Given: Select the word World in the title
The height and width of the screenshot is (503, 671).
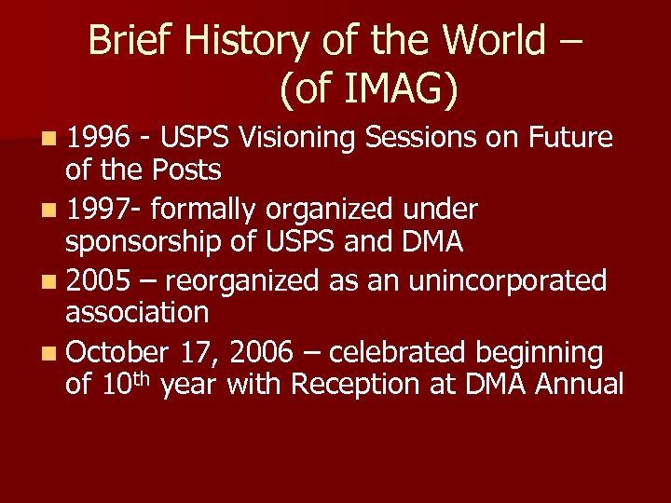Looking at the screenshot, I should click(494, 41).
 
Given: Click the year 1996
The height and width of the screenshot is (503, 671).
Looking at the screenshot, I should click(100, 139).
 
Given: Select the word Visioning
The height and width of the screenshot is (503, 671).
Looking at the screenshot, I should click(298, 139).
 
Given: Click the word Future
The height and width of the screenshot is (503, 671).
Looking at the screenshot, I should click(570, 139).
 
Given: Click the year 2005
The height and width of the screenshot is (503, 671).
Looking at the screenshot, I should click(100, 280).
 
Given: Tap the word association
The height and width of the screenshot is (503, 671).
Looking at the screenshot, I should click(137, 312).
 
